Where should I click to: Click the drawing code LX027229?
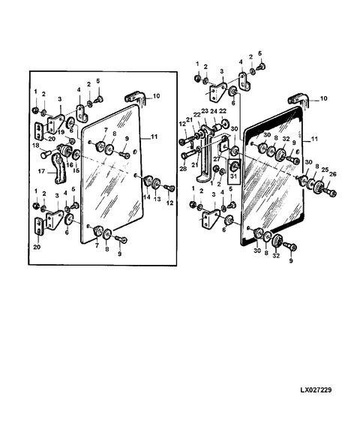click(x=316, y=390)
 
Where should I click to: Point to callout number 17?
click(x=41, y=172)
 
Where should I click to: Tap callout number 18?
click(x=36, y=146)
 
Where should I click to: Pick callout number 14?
click(x=146, y=197)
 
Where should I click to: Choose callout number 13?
click(x=157, y=199)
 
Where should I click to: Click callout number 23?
click(x=204, y=111)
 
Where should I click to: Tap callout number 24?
click(x=214, y=111)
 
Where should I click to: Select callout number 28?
click(x=183, y=168)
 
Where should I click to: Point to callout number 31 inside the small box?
click(x=233, y=175)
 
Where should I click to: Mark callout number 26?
click(x=333, y=174)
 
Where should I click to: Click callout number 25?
click(x=325, y=170)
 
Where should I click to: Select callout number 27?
click(x=217, y=159)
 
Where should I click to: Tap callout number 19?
click(x=61, y=132)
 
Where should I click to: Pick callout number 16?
click(x=70, y=165)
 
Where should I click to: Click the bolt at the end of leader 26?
click(x=330, y=191)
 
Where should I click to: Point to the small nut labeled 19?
click(x=72, y=141)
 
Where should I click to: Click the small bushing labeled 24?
click(x=217, y=128)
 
